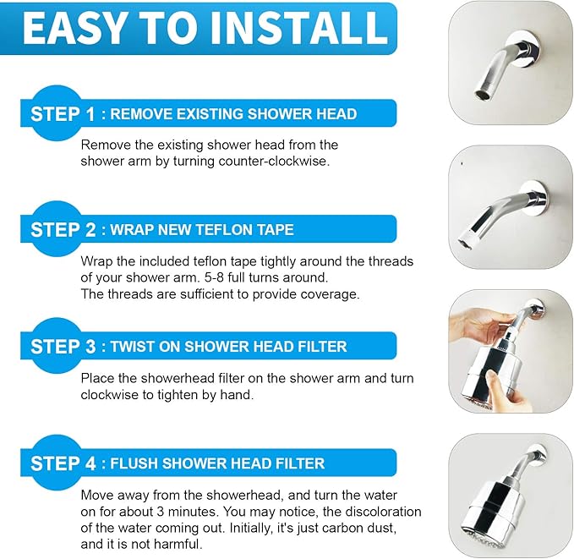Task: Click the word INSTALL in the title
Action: (x=295, y=28)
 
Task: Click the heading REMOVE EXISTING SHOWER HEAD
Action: (x=233, y=114)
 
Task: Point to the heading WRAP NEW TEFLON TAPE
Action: (x=202, y=229)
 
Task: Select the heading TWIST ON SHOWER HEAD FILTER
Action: (x=228, y=346)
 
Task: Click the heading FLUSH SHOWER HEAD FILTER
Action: (x=217, y=463)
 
